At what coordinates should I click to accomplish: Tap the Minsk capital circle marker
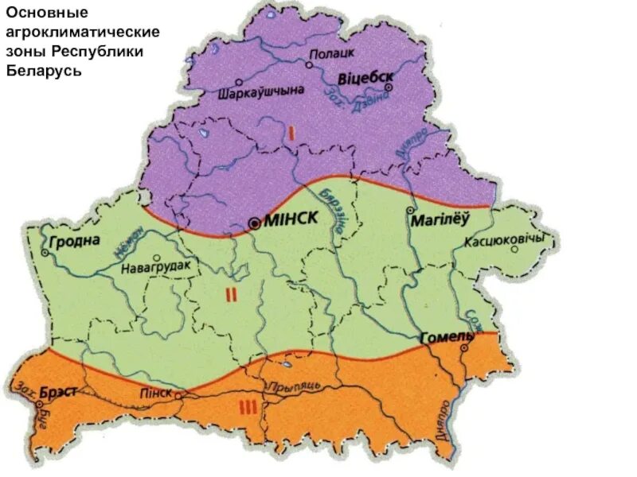pos(254,224)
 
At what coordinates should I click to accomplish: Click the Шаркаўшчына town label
pos(260,91)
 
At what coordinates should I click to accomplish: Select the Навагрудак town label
pos(156,268)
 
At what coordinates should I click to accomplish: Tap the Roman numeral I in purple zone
pos(291,134)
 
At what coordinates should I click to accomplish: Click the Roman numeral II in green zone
pos(231,295)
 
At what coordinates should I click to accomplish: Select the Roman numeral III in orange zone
pos(248,408)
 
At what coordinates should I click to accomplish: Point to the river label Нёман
pos(128,243)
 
